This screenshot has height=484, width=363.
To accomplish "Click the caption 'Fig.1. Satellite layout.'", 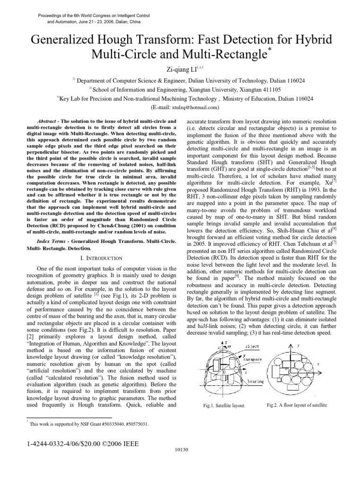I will (224, 406).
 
